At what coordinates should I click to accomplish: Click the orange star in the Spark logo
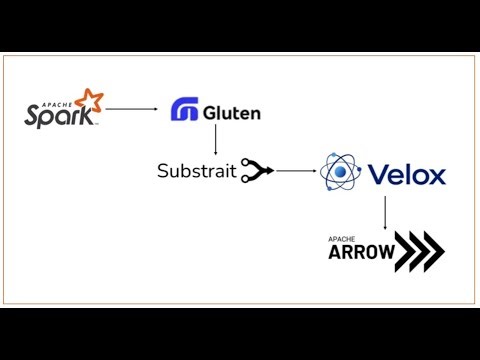90,101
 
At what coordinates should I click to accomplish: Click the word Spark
59,115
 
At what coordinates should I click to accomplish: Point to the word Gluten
231,112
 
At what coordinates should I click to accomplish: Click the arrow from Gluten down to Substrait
215,140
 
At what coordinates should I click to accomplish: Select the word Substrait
196,171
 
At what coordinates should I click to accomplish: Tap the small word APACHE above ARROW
341,239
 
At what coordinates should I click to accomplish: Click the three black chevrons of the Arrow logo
421,251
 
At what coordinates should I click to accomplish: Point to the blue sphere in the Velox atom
341,175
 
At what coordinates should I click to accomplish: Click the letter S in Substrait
163,171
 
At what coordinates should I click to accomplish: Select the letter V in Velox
379,175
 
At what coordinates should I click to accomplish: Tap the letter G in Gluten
210,112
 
